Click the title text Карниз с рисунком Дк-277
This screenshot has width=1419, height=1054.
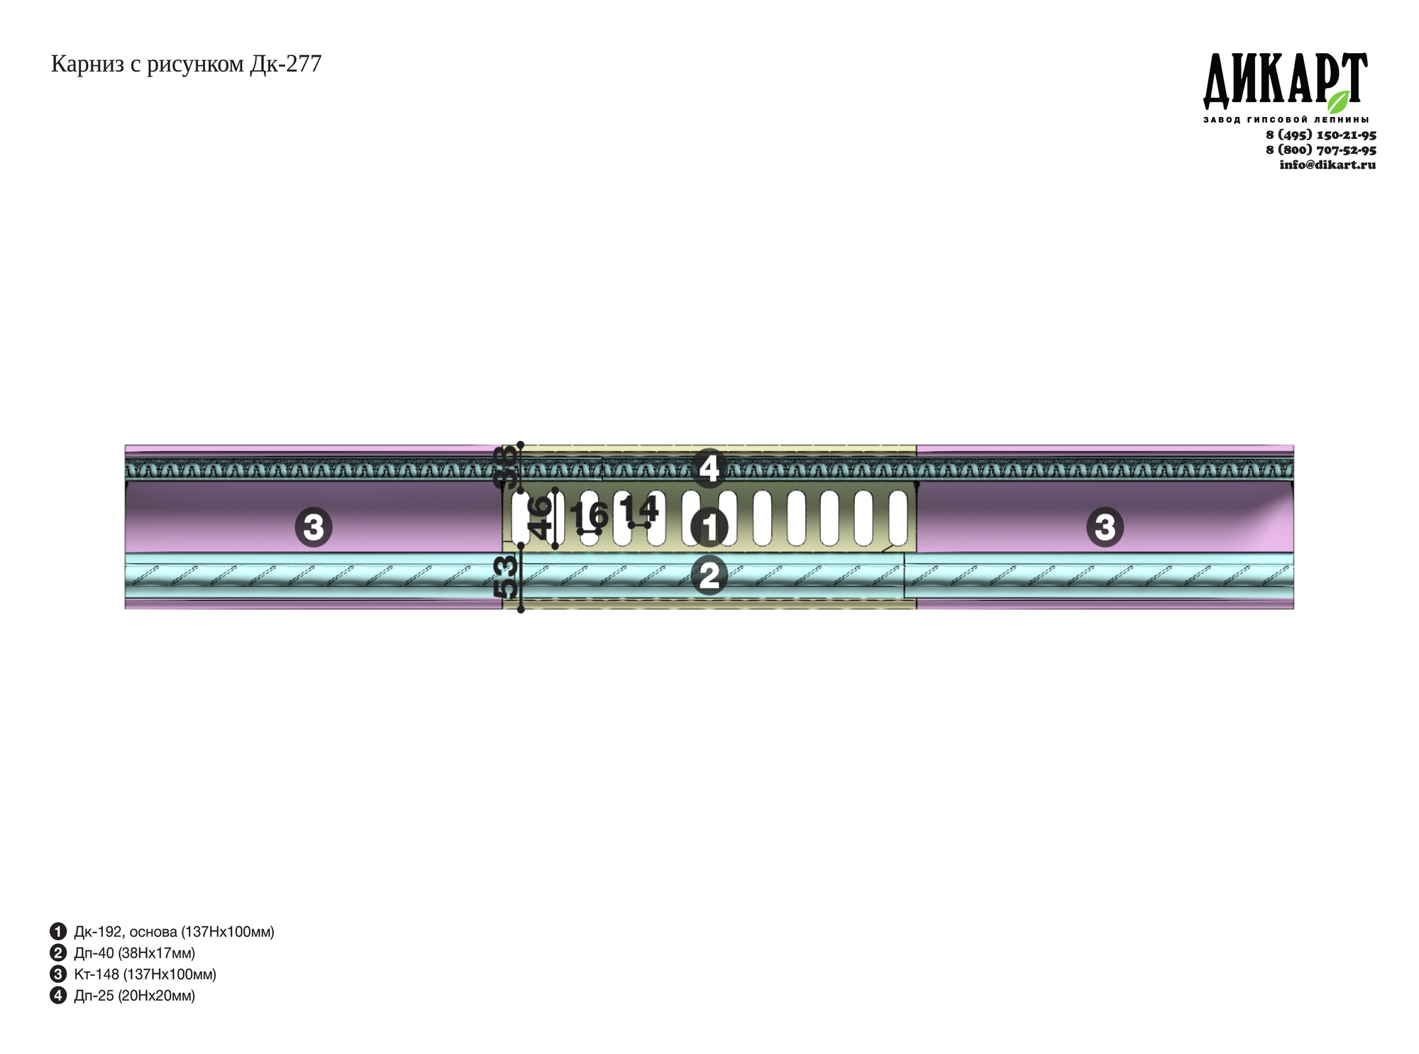pos(186,65)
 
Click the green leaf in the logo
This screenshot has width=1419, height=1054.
pos(1338,101)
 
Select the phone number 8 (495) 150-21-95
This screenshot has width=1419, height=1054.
pos(1321,135)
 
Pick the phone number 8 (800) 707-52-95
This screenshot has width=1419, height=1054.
pos(1321,150)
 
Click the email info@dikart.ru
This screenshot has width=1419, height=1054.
pos(1327,165)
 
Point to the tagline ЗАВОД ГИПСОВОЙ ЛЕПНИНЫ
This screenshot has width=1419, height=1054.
pos(1286,120)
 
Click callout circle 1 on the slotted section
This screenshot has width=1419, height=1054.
pos(709,528)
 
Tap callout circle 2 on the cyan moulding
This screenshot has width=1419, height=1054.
pos(709,575)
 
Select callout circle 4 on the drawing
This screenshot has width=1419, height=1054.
pos(709,468)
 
